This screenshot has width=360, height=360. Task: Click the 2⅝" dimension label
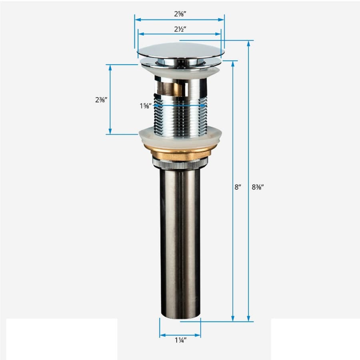(x=180, y=14)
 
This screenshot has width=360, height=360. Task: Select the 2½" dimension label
(x=180, y=29)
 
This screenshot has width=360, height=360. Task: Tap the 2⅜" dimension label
(x=101, y=100)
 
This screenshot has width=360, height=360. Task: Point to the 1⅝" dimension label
(x=146, y=106)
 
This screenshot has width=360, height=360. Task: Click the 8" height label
(x=238, y=187)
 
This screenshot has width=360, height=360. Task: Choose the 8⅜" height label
(x=258, y=187)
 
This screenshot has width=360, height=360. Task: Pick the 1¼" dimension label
(x=181, y=340)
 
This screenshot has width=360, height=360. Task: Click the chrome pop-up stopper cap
(x=181, y=50)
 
